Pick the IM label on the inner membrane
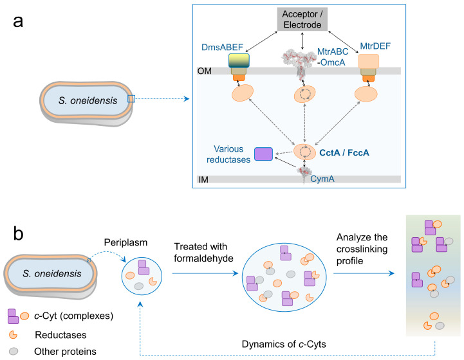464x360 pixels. (x=204, y=178)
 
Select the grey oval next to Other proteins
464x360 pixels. (x=13, y=351)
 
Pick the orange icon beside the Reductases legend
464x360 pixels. (x=14, y=334)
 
